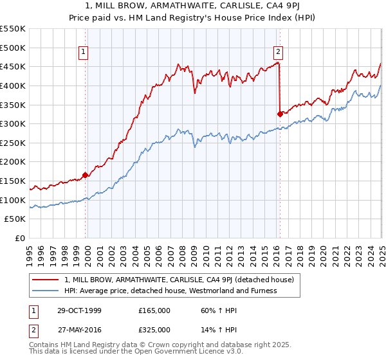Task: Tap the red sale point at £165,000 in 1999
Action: [x=86, y=174]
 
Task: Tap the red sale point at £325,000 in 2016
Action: [x=280, y=114]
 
